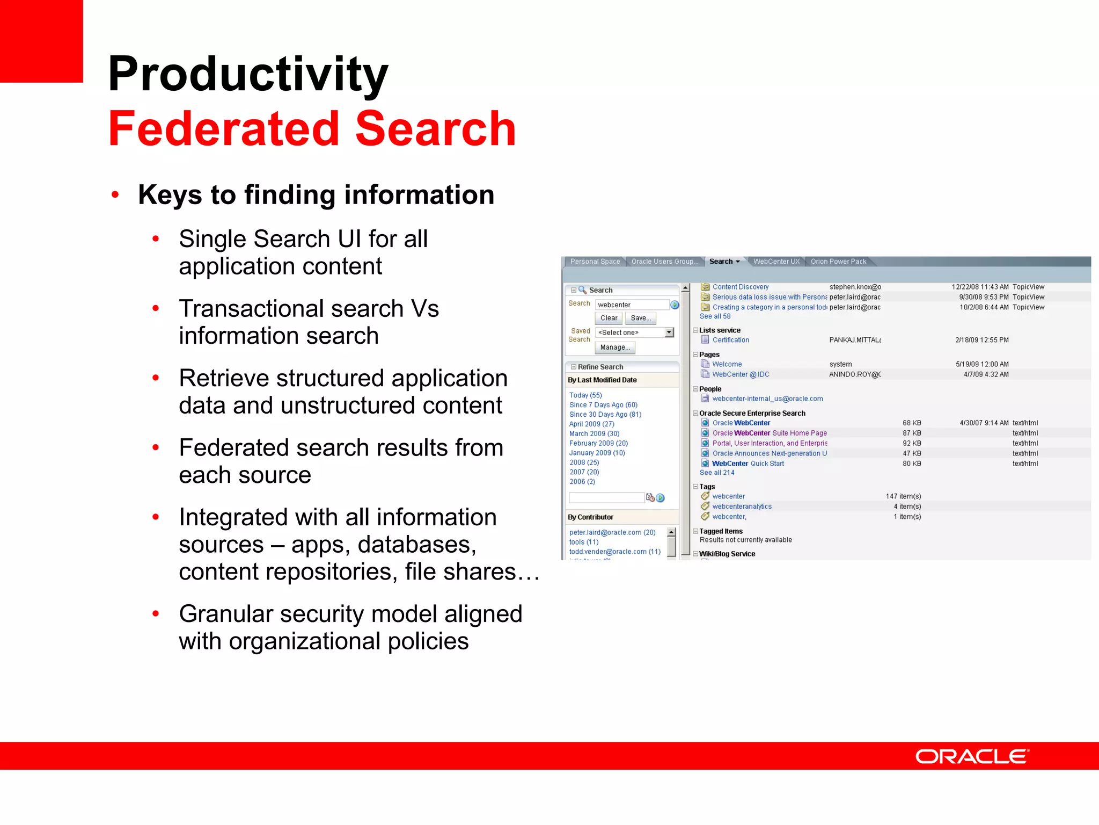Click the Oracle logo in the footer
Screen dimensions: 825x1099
[971, 757]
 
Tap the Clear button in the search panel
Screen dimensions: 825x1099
[609, 318]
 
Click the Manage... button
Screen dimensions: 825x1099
[615, 348]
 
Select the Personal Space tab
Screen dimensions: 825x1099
[595, 262]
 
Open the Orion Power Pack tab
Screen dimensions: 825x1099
[838, 262]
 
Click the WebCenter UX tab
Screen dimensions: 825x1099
[776, 262]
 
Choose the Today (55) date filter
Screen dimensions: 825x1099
[585, 395]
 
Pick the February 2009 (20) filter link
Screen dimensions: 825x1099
[598, 443]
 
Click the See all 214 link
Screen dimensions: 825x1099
[717, 473]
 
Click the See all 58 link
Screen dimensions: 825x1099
[715, 316]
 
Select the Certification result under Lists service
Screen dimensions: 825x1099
[730, 340]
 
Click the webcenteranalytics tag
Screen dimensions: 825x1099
[742, 506]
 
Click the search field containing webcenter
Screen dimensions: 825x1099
[632, 305]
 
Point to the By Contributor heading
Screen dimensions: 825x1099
[590, 517]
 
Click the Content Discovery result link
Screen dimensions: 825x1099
[740, 287]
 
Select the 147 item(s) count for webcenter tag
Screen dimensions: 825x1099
[903, 496]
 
